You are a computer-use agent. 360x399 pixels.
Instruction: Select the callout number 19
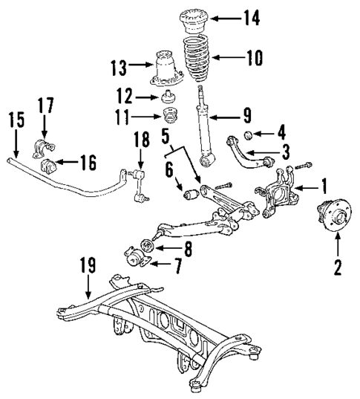pyautogui.click(x=88, y=263)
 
